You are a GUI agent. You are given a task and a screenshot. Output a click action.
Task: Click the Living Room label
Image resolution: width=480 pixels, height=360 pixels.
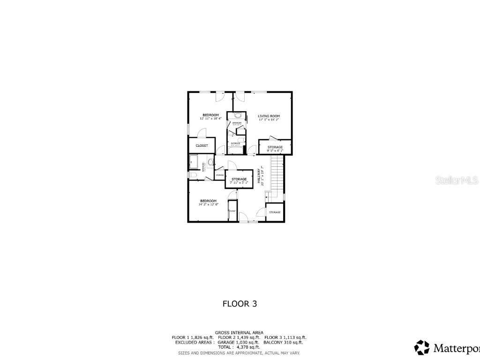pos(269,116)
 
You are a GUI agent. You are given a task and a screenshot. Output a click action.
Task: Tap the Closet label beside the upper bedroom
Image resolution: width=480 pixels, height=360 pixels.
pos(202,145)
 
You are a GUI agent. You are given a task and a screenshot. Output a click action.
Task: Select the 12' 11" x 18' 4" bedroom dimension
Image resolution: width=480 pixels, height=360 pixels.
pos(210,119)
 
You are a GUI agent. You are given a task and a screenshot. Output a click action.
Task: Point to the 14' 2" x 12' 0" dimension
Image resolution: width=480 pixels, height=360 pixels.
pos(209,204)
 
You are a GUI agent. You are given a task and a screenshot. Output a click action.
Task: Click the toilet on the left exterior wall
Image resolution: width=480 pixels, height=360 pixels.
pos(193,175)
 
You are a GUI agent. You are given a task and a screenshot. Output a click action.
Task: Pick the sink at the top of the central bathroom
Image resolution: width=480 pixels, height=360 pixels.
pos(237,115)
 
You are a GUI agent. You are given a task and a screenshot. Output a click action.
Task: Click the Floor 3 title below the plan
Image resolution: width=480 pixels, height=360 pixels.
pos(240,304)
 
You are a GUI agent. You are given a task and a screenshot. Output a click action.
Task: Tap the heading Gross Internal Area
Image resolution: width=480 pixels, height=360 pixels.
pos(239,332)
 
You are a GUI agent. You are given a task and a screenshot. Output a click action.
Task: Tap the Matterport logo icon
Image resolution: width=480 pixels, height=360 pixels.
pos(422,347)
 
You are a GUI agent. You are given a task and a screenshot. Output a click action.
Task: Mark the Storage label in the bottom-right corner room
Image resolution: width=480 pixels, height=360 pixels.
pos(275,212)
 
